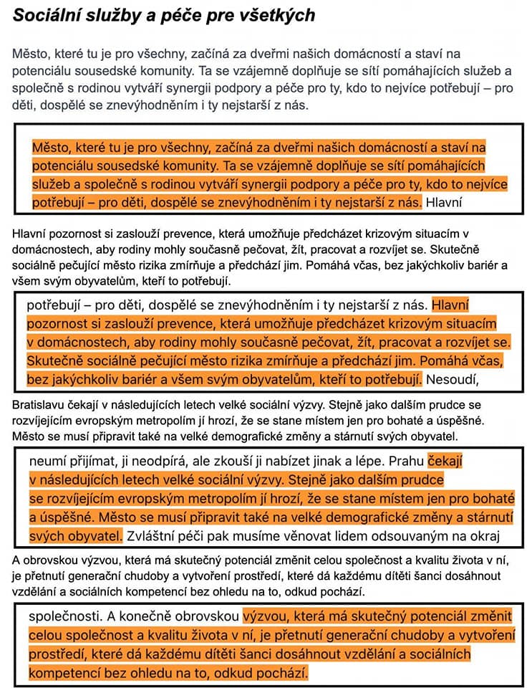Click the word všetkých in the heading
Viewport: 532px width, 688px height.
tap(275, 15)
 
